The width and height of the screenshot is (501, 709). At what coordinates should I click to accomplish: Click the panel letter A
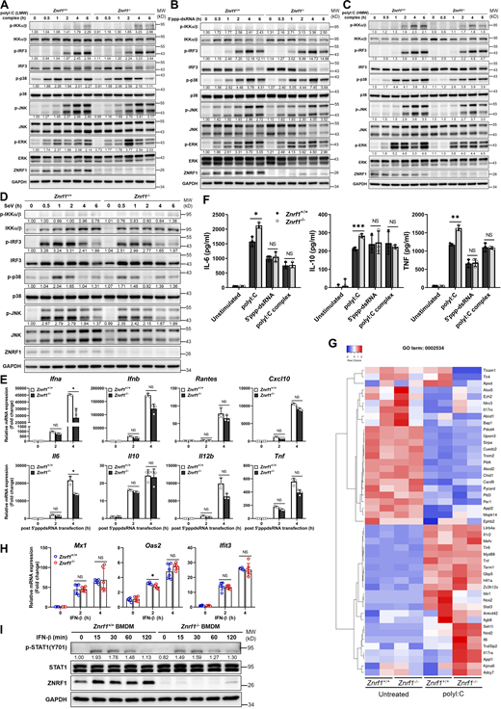5,5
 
